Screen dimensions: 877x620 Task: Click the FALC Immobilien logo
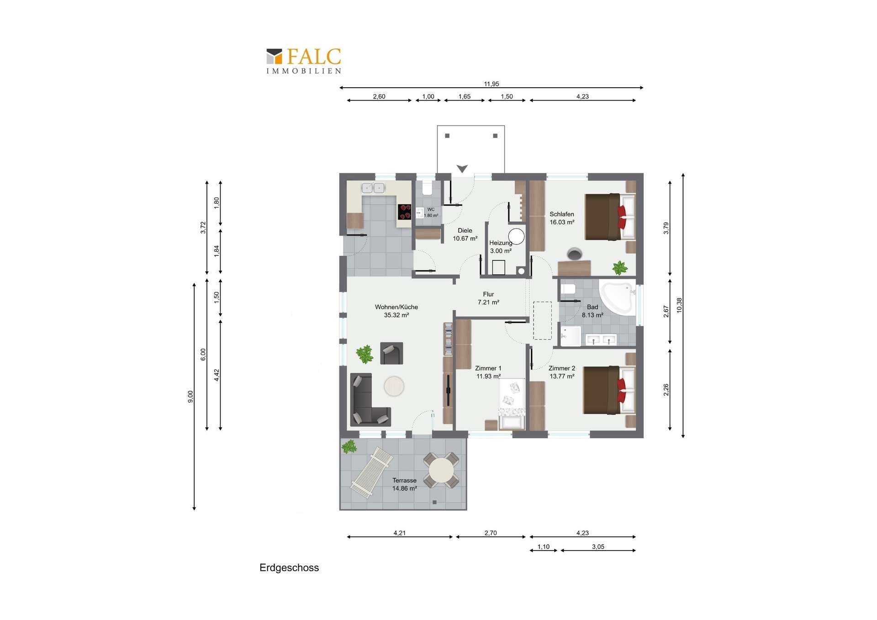[304, 61]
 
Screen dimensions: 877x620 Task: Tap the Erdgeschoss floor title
[289, 567]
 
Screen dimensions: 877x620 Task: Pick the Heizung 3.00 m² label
[501, 247]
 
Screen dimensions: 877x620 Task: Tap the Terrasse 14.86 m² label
[404, 484]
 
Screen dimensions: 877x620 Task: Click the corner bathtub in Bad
[618, 299]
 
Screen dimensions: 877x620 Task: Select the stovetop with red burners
[405, 212]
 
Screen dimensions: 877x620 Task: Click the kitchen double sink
[373, 188]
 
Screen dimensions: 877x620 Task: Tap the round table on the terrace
[441, 470]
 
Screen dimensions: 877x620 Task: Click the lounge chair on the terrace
[371, 472]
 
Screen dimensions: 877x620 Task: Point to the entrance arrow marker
[462, 169]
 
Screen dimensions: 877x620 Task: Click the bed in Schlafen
[610, 217]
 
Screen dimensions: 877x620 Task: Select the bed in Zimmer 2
[609, 390]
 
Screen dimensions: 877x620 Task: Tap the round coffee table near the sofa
[394, 386]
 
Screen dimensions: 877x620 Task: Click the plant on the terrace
[349, 446]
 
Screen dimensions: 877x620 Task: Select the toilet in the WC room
[428, 188]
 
